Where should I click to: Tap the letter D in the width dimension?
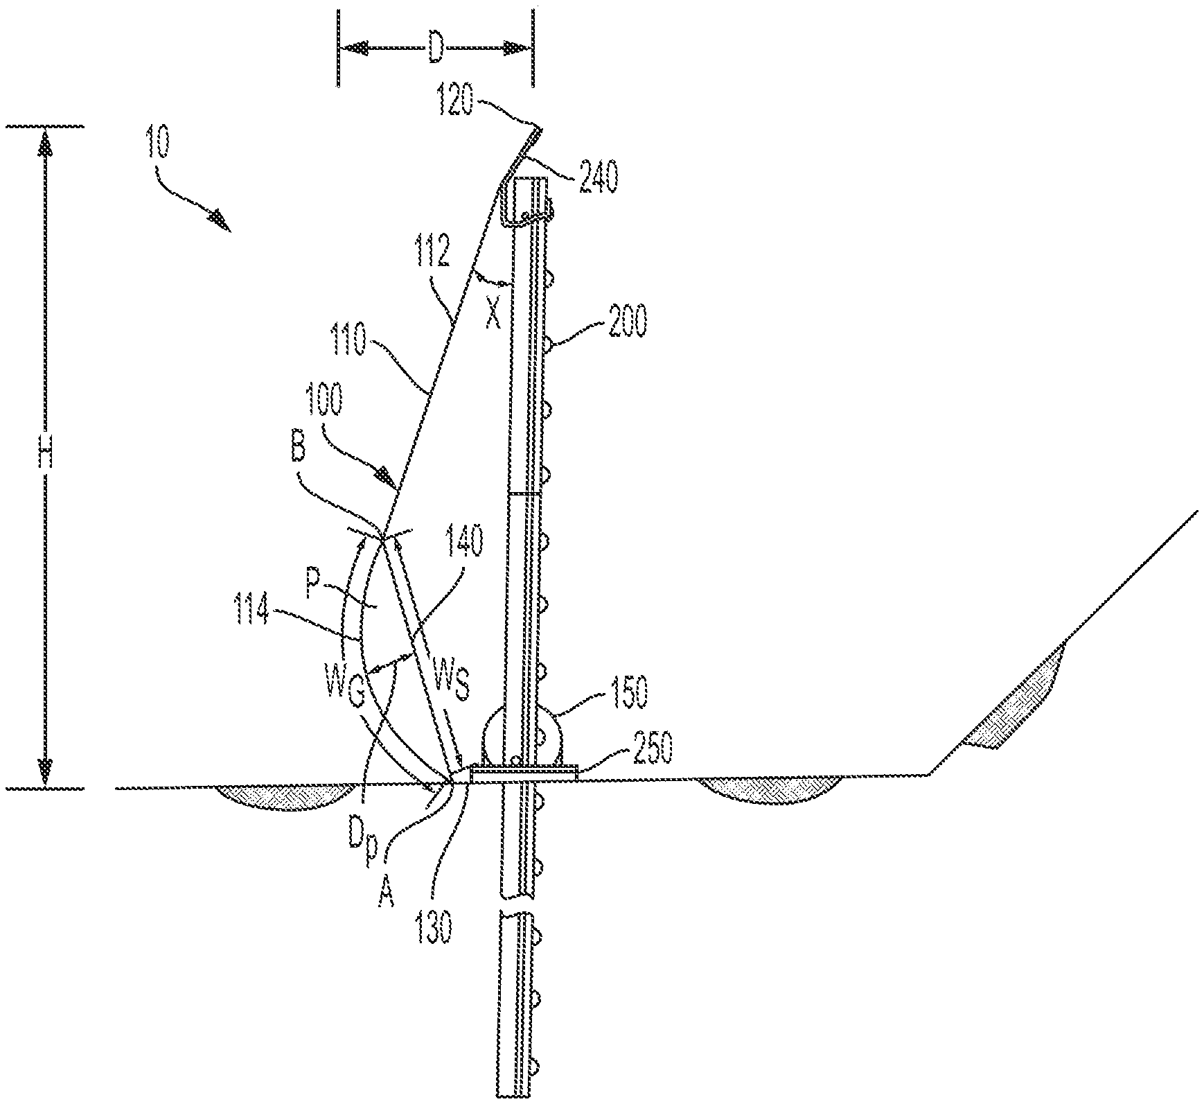pyautogui.click(x=434, y=49)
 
